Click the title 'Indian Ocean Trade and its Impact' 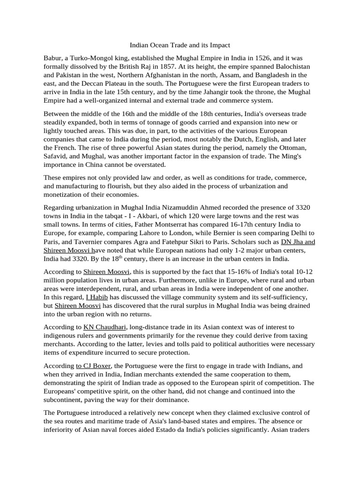(x=180, y=45)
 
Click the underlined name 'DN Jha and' (x=298, y=241)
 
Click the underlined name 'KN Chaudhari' (x=105, y=326)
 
